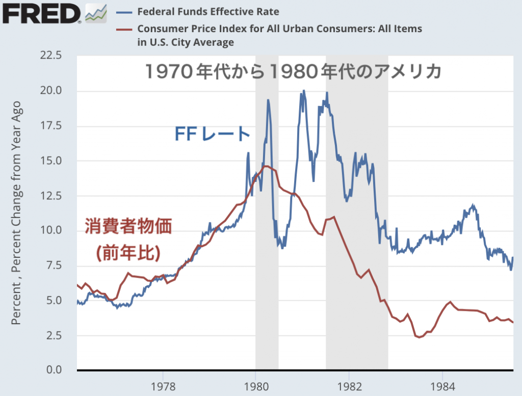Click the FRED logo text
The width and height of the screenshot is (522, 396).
click(x=41, y=13)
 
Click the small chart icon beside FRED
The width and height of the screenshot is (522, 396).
click(x=96, y=13)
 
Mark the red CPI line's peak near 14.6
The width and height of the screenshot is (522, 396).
click(x=266, y=166)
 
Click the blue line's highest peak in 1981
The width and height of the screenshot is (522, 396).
click(x=304, y=91)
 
